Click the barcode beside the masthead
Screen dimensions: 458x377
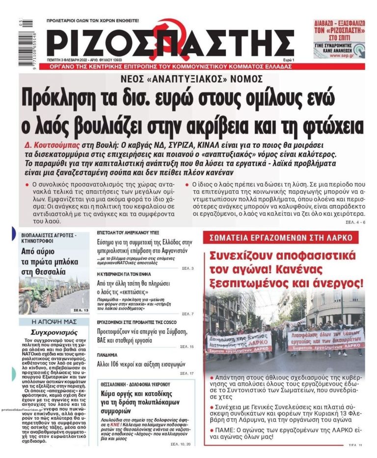[26, 40]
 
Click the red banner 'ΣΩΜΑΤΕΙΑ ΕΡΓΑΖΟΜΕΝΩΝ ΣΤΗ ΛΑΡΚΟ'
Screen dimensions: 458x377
[281, 237]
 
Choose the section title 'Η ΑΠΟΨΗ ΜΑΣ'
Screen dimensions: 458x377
[54, 322]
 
